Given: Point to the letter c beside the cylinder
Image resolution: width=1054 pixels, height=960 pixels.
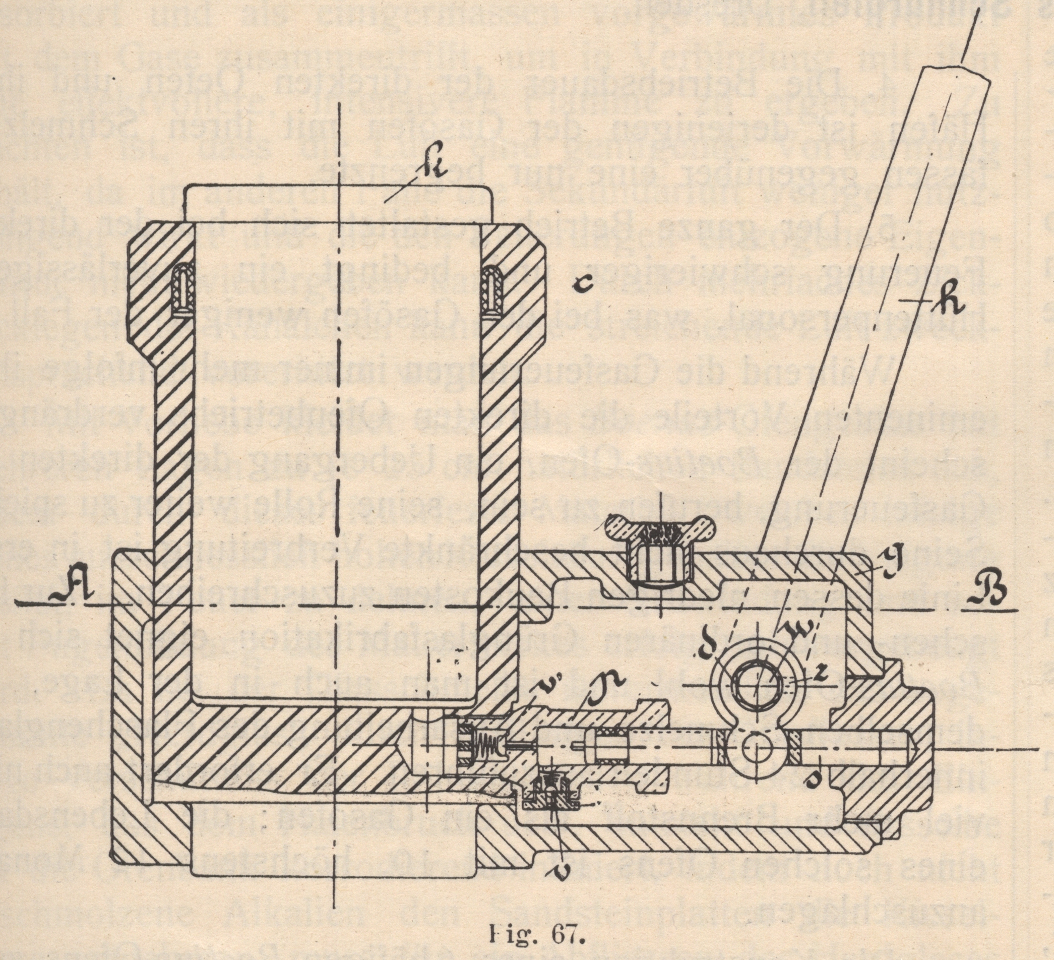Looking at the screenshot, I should (581, 284).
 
